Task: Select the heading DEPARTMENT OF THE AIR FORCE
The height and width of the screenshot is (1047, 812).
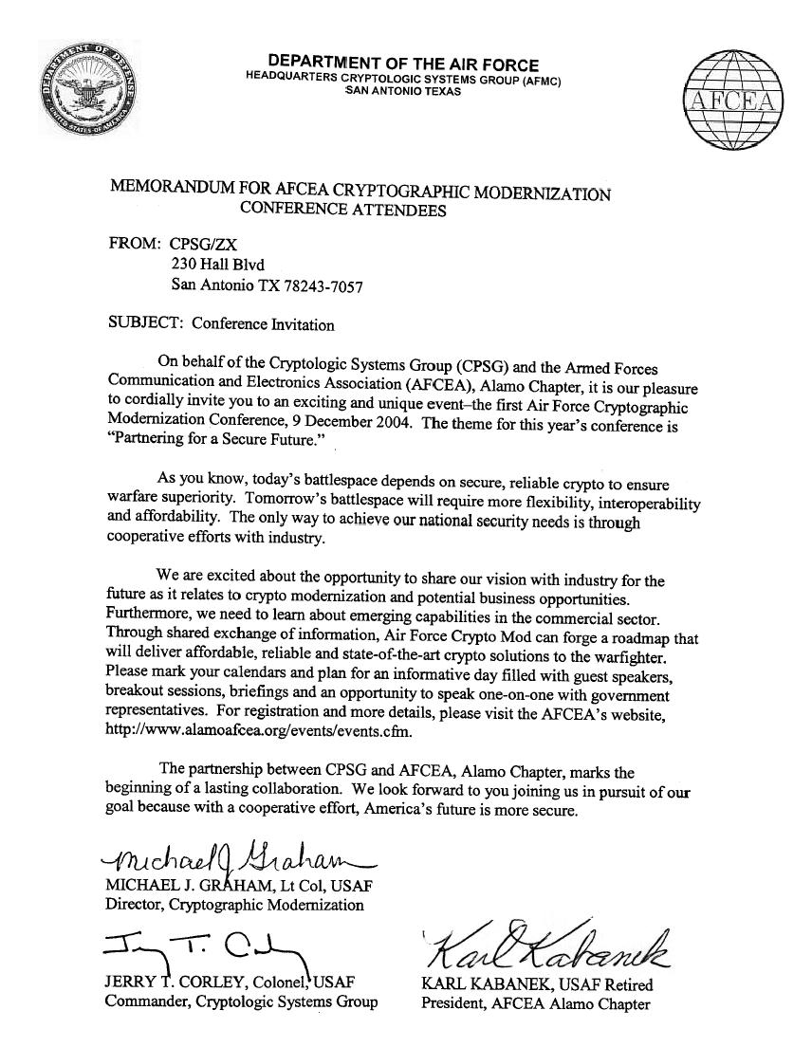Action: point(403,64)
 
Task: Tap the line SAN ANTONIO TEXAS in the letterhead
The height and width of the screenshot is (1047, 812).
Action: point(403,92)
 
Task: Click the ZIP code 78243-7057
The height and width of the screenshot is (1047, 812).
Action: point(321,285)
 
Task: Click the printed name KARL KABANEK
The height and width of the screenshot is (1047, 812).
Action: point(480,984)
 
